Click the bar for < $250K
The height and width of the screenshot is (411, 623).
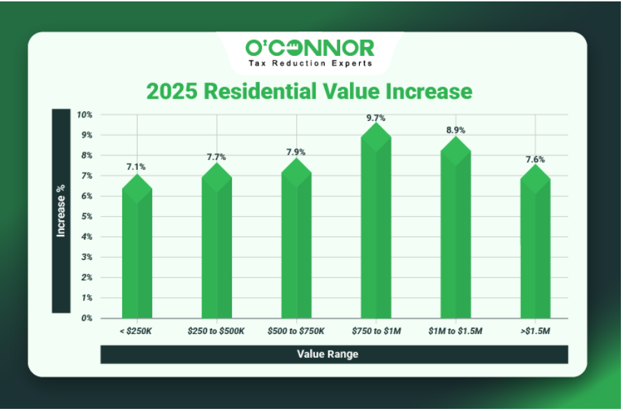click(x=137, y=252)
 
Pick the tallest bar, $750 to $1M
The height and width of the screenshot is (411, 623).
click(x=376, y=224)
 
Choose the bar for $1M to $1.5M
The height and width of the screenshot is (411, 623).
click(x=455, y=231)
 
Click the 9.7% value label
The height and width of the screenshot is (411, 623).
click(x=376, y=118)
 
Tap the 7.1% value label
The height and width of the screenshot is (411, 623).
click(x=137, y=166)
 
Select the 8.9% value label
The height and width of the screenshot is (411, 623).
click(x=455, y=130)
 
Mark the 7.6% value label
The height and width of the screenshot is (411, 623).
click(x=535, y=159)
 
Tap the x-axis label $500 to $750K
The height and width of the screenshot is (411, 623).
click(x=296, y=329)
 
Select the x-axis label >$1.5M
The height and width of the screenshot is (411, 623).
click(x=535, y=329)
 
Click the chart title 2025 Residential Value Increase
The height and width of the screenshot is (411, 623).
click(x=309, y=91)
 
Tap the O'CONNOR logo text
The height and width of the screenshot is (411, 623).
click(x=309, y=48)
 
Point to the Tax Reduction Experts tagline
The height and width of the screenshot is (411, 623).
click(x=309, y=63)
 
